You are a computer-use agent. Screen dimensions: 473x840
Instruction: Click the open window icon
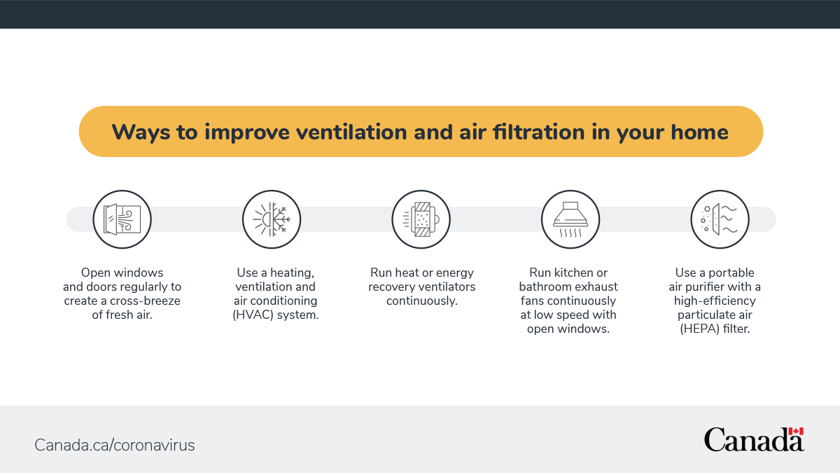point(122,219)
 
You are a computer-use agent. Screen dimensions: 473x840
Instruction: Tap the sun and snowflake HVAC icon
point(272,219)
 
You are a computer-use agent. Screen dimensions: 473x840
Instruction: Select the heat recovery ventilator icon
point(421,219)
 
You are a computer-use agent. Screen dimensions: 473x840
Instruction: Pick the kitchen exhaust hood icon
point(570,219)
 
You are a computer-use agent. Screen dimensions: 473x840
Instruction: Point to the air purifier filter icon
point(720,219)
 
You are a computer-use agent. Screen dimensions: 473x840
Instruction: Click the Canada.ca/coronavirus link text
point(115,445)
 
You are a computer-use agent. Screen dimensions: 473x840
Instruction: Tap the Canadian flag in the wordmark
point(795,432)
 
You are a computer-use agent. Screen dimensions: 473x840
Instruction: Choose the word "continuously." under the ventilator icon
point(422,301)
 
